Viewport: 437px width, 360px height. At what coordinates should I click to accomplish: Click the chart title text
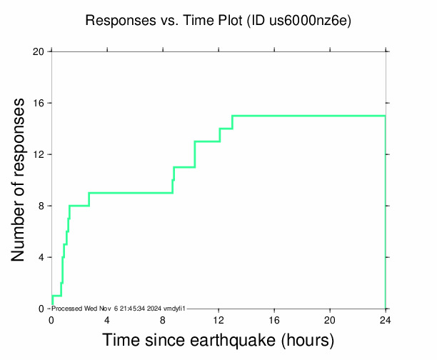click(218, 21)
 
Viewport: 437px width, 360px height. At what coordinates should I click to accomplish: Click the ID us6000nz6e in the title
click(299, 21)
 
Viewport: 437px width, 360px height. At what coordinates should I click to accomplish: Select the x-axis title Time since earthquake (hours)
click(218, 340)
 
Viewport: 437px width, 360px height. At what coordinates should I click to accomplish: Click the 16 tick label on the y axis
click(38, 103)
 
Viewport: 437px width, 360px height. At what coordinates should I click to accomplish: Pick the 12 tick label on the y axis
click(38, 154)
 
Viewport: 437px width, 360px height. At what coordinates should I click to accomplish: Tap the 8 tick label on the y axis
click(41, 206)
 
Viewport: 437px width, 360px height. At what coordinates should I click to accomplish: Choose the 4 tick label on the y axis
click(41, 257)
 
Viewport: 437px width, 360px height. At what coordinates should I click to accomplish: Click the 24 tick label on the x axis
click(386, 319)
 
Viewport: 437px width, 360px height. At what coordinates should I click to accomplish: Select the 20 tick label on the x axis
click(330, 319)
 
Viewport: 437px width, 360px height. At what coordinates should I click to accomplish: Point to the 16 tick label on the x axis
click(274, 319)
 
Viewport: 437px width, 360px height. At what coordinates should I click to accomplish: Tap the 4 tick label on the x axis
click(107, 319)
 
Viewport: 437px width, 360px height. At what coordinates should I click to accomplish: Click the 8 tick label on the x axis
click(163, 319)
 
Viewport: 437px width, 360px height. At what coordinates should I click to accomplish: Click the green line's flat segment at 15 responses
click(307, 116)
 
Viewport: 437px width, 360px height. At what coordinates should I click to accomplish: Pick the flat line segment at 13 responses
click(207, 141)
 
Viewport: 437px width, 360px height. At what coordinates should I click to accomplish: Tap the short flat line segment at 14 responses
click(226, 129)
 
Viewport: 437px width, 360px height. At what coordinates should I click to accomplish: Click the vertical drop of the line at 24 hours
click(386, 214)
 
